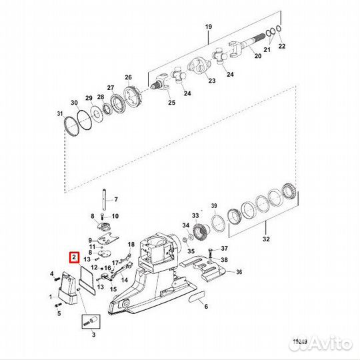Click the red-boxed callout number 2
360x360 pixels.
coord(74,257)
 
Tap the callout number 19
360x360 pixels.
coord(209,27)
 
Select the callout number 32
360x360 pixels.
coord(266,239)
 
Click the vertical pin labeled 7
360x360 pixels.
coord(104,199)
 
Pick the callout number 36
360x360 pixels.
coord(239,272)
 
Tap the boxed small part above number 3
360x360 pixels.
coord(91,321)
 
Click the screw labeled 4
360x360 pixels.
coord(55,279)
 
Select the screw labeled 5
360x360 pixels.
coord(58,305)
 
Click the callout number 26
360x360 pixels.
coord(129,77)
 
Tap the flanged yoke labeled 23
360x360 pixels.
coord(199,66)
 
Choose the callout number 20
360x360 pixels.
coord(258,56)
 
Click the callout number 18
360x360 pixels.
coord(131,244)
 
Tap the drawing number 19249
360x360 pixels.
coord(300,342)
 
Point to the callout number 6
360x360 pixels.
coord(206,306)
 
